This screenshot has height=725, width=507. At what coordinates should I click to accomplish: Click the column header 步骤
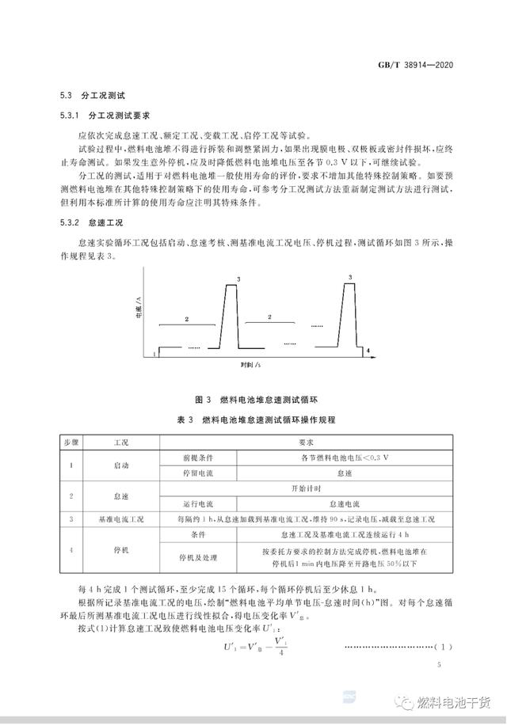71,442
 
